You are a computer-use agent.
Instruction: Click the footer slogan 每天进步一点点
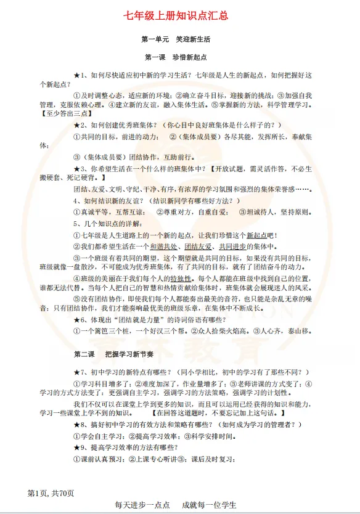click(x=142, y=505)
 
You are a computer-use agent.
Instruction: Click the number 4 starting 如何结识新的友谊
click(x=76, y=201)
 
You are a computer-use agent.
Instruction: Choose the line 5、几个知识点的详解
click(x=108, y=223)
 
